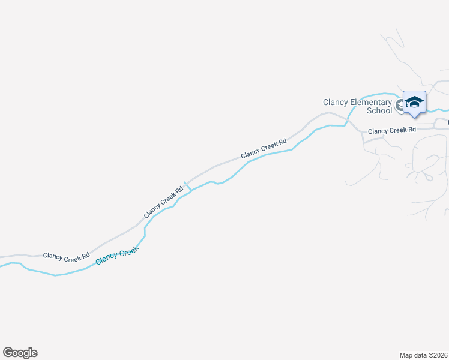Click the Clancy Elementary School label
(x=357, y=106)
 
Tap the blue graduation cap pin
(x=414, y=103)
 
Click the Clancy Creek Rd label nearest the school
(x=391, y=130)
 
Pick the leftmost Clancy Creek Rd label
(x=66, y=256)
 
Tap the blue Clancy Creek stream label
(x=117, y=256)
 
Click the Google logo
(x=20, y=353)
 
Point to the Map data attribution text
(x=424, y=355)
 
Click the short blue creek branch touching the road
(x=187, y=187)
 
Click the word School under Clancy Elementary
(x=379, y=110)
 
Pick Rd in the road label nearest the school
(x=411, y=129)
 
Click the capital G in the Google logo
(x=8, y=352)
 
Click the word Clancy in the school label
(x=336, y=103)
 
